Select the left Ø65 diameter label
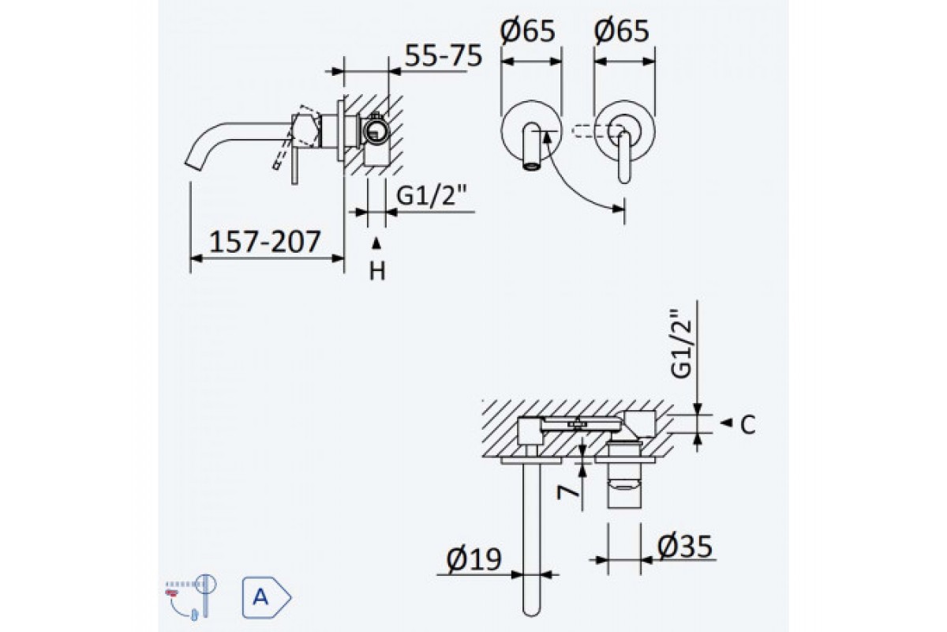click(529, 32)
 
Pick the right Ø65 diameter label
click(622, 32)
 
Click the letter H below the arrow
click(378, 271)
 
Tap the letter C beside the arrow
click(748, 425)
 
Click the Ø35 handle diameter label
click(683, 545)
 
